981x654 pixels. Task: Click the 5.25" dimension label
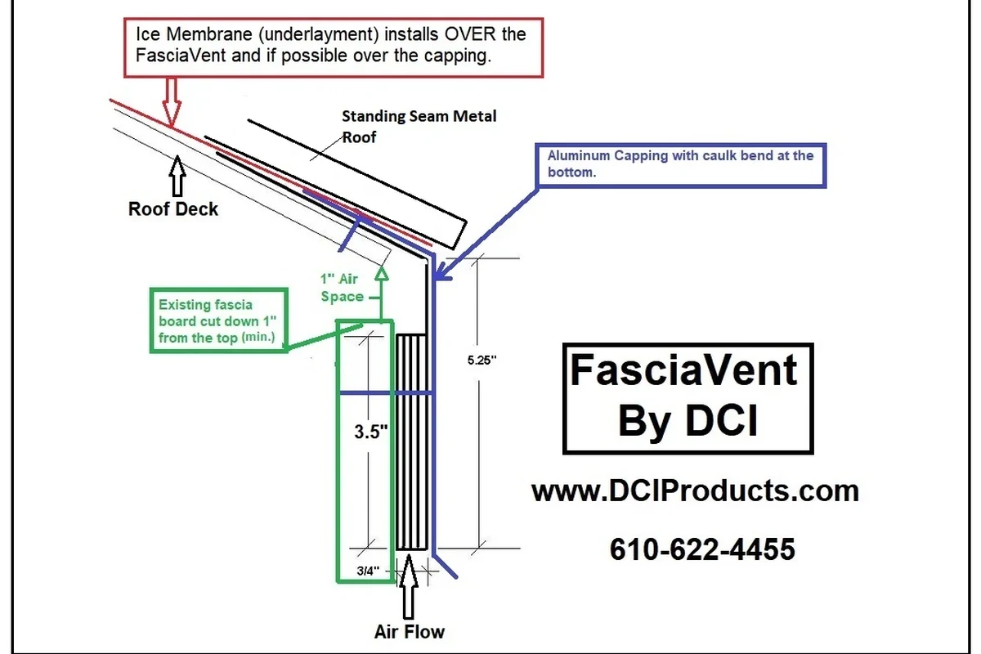[482, 360]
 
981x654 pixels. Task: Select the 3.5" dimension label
[371, 432]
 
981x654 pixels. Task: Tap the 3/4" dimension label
[368, 571]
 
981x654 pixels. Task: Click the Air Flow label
[410, 632]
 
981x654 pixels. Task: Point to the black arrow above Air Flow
[408, 586]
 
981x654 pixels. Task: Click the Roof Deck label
[173, 209]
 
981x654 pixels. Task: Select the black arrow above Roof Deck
[177, 176]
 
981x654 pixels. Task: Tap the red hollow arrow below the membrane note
[172, 102]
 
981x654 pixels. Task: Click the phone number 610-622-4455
[702, 549]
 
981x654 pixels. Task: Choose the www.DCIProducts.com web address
[695, 491]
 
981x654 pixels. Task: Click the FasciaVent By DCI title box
[688, 344]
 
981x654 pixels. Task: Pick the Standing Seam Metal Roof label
[419, 127]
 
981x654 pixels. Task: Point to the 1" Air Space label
[342, 288]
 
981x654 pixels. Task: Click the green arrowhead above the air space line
[382, 273]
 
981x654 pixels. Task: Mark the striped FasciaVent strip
[411, 441]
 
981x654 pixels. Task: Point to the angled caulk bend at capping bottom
[445, 567]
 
